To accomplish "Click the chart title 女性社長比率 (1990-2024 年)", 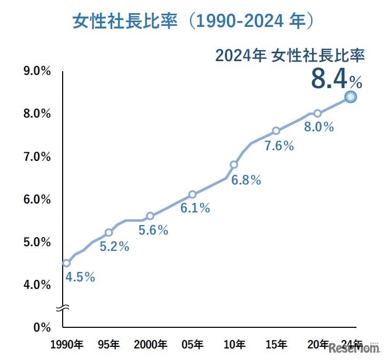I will coord(193,22).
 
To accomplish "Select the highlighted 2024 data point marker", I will coord(351,96).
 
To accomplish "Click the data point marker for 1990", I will coord(66,263).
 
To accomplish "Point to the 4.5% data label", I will coord(80,277).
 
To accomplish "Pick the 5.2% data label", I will coord(114,247).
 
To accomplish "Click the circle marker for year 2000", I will coord(150,216).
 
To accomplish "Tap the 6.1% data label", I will coord(195,208).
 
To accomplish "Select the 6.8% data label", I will coord(246,180).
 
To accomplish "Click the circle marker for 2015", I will coord(276,131).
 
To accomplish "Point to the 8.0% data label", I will coord(319,127).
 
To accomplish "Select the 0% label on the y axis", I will coord(41,327).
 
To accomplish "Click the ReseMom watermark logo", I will coord(354,348).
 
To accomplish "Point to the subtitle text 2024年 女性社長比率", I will coord(290,56).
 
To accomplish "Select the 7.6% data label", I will coord(279,146).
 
